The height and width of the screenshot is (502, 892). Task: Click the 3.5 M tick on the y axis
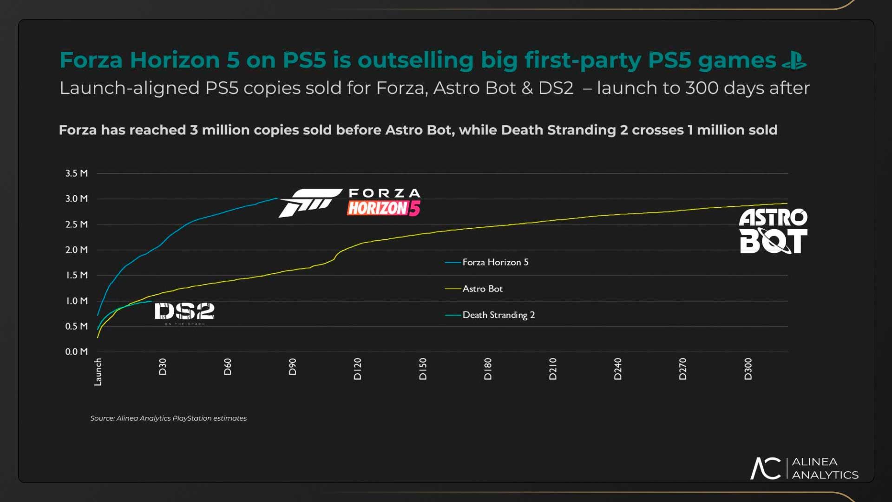[x=77, y=173]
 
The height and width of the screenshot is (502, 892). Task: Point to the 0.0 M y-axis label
[x=77, y=352]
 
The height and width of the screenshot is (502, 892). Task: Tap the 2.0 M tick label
[x=77, y=250]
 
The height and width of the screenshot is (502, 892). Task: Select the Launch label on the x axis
[x=98, y=372]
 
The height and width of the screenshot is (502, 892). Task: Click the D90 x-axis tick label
[x=292, y=367]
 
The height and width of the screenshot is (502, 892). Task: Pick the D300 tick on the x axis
[x=748, y=369]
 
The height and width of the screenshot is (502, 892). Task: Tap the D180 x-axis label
[x=488, y=369]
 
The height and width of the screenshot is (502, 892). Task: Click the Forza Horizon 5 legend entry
[x=495, y=262]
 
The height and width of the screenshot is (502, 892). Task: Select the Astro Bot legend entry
[x=482, y=289]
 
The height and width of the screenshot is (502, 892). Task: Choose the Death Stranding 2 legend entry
[x=498, y=315]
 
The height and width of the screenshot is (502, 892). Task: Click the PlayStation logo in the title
[x=794, y=61]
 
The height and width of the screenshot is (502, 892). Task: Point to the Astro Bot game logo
[x=773, y=231]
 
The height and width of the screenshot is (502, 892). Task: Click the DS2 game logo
[x=184, y=313]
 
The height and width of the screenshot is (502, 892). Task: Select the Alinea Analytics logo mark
[x=766, y=468]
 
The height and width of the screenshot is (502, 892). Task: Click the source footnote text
[x=168, y=418]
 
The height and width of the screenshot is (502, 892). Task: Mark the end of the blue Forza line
[x=277, y=198]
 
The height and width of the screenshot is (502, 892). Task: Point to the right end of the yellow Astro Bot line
[x=787, y=204]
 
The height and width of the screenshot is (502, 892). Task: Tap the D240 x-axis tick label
[x=618, y=369]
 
